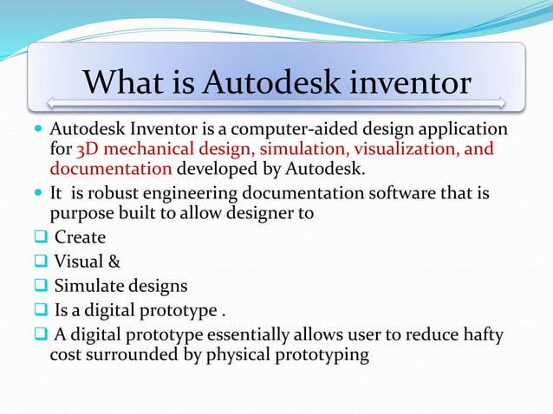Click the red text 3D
(89, 150)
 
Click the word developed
(212, 168)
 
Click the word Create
(80, 237)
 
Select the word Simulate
(88, 286)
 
